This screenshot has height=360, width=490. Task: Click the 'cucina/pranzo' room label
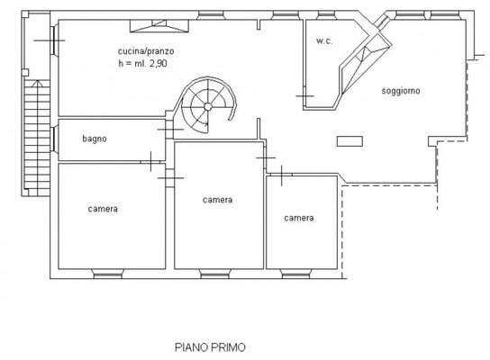tap(146, 51)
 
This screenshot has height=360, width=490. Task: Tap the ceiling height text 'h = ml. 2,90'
tap(143, 63)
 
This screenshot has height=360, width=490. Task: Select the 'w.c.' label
tap(324, 40)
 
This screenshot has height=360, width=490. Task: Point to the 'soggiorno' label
tap(401, 91)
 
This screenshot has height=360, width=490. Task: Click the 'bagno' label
tap(95, 139)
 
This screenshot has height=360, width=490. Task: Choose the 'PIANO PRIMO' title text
tap(210, 347)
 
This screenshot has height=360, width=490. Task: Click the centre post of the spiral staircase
tap(208, 107)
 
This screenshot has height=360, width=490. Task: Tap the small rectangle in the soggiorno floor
tap(349, 141)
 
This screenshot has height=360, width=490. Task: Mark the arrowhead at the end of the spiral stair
tap(206, 123)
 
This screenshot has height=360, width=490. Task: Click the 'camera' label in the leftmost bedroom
tap(103, 209)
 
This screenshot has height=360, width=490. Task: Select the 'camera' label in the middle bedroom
tap(217, 200)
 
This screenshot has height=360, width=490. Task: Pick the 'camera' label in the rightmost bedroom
tap(299, 218)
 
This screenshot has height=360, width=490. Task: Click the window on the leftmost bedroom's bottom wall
tap(107, 274)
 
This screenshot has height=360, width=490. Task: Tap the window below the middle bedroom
tap(215, 274)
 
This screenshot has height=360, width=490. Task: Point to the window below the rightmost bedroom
tap(295, 274)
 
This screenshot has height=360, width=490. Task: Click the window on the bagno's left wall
tap(54, 139)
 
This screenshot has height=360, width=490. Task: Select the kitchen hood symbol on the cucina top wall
tap(159, 26)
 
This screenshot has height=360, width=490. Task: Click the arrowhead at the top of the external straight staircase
tap(37, 83)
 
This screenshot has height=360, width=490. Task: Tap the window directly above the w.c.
tap(326, 15)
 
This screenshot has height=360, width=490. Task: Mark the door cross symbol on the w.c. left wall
tap(304, 96)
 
